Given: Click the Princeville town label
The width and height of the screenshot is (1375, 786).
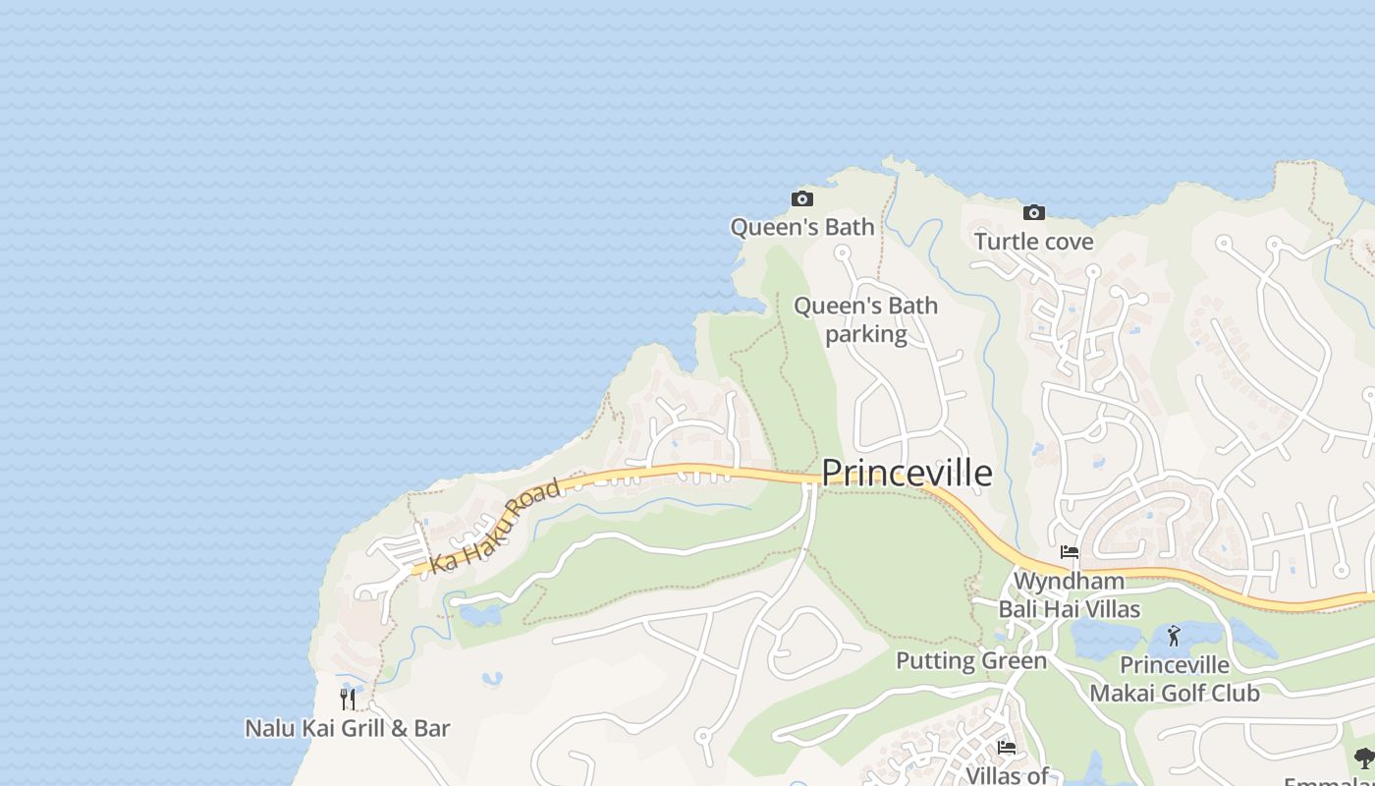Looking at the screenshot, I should click(x=906, y=474).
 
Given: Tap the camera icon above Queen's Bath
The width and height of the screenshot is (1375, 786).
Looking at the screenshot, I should click(x=802, y=199).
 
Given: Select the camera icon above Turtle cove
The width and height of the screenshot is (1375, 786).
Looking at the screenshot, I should click(x=1033, y=212).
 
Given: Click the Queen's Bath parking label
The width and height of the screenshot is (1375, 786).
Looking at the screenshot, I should click(x=865, y=320).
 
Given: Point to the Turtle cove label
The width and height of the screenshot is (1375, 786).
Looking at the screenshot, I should click(x=1033, y=242).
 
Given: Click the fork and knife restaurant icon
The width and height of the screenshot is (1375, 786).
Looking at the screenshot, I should click(x=348, y=699).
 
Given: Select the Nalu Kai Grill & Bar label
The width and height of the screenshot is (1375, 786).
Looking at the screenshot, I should click(x=347, y=728).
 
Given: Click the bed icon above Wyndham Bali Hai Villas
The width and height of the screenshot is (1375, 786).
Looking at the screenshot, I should click(x=1070, y=552).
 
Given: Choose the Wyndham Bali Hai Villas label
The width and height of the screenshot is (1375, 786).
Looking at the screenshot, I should click(x=1070, y=595).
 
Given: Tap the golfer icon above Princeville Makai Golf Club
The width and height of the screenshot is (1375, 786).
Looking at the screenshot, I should click(x=1174, y=636).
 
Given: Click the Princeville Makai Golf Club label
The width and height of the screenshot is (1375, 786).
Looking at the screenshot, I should click(x=1174, y=679).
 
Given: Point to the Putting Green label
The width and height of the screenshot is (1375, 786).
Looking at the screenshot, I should click(x=971, y=661).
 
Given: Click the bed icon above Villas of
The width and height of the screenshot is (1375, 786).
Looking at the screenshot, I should click(x=1007, y=748).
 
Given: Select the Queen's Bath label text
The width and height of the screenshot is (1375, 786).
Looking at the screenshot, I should click(x=801, y=227).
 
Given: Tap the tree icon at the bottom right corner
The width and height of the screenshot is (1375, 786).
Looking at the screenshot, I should click(x=1364, y=758).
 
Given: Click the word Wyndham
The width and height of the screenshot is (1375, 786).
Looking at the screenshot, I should click(x=1069, y=582).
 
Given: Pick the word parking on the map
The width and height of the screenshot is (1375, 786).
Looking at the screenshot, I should click(x=865, y=334).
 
